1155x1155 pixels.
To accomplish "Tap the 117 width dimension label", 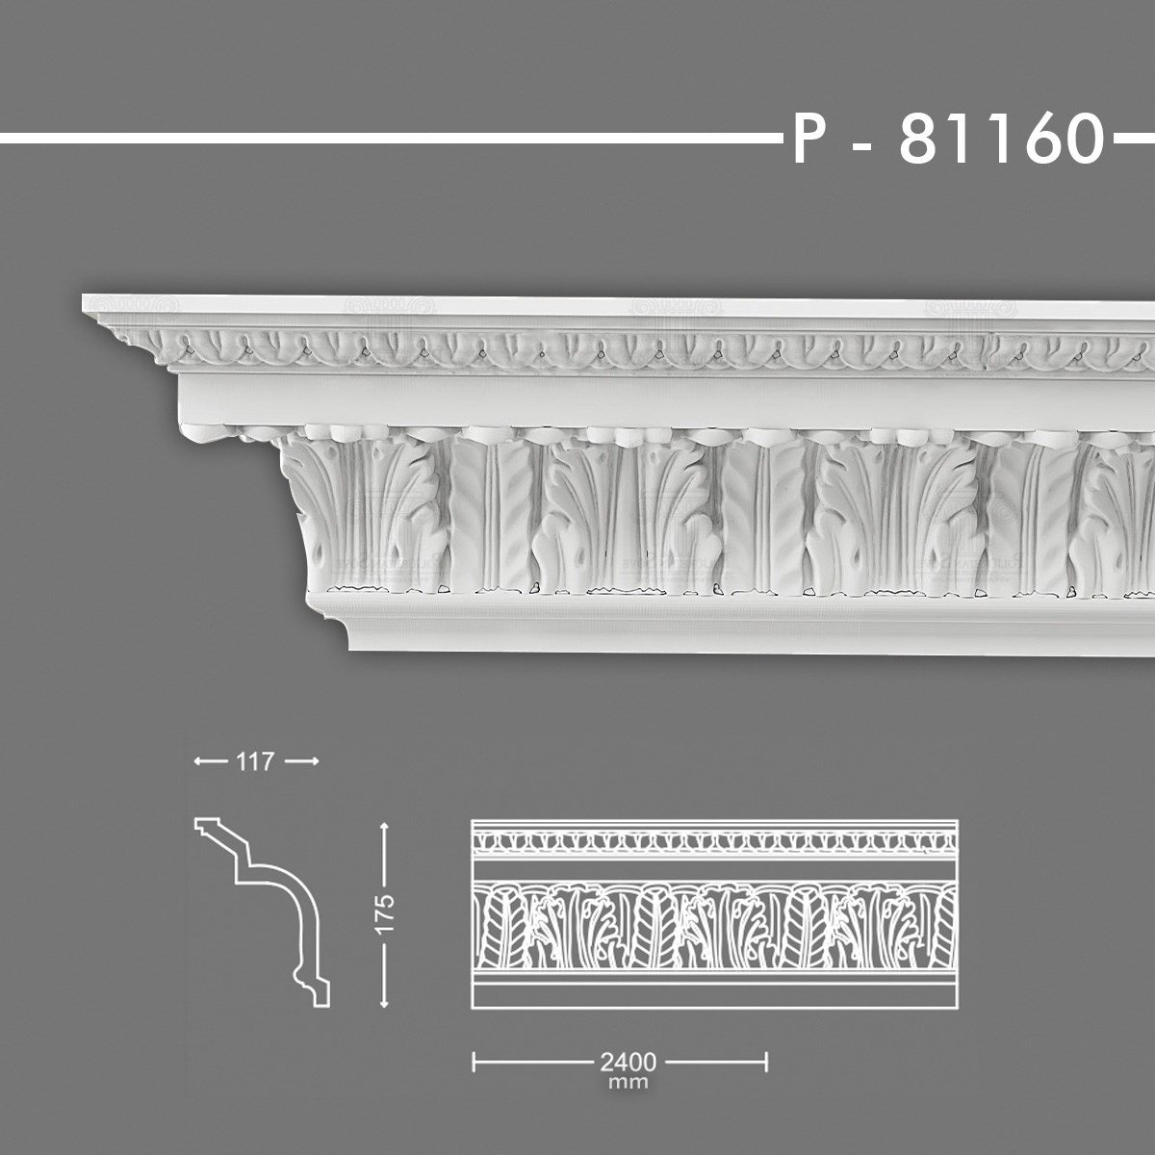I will (255, 761).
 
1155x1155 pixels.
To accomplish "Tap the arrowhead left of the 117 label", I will (199, 761).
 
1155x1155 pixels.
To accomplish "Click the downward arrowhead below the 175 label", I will (385, 1002).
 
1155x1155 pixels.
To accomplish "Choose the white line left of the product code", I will (385, 139).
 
